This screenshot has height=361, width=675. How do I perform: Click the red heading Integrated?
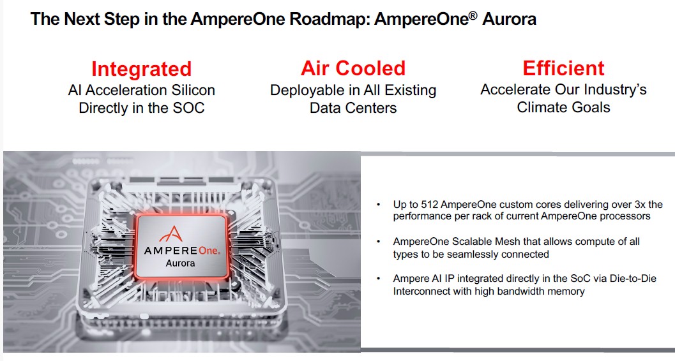[x=141, y=69]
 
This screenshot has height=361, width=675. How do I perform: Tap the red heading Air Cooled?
[x=353, y=68]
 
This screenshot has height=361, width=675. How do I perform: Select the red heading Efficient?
[x=563, y=68]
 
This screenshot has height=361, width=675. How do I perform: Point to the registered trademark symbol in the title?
[x=473, y=15]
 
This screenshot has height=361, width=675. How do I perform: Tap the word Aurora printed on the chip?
[x=180, y=263]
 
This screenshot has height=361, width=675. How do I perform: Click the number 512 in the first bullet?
[x=430, y=205]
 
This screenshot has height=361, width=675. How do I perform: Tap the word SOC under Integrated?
[x=188, y=108]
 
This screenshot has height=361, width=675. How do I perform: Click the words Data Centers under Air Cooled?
[x=353, y=108]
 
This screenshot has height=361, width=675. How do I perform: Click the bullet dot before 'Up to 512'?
[x=379, y=205]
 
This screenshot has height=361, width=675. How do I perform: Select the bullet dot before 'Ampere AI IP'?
[x=379, y=279]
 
